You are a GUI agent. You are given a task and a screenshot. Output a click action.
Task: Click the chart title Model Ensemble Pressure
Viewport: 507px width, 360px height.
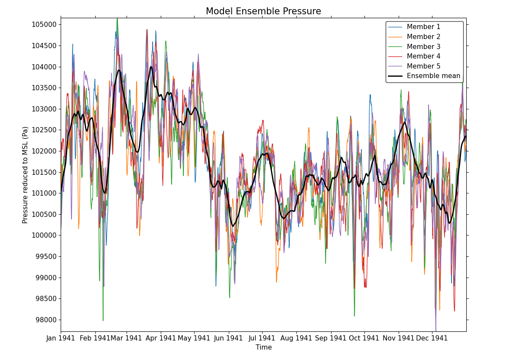click(x=263, y=12)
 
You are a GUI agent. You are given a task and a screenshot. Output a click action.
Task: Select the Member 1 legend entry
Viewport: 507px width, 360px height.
click(x=423, y=27)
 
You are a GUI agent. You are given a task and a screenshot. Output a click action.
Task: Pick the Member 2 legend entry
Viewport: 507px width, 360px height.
click(x=423, y=37)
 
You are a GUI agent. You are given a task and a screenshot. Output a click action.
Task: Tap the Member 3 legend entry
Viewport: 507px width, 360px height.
click(x=423, y=47)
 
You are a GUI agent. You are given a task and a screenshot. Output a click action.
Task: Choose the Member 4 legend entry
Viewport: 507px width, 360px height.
click(x=423, y=56)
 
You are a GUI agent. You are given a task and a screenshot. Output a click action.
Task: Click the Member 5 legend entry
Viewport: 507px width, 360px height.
click(x=423, y=66)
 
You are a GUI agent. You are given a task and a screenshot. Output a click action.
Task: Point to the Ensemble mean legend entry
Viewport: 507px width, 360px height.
click(x=433, y=76)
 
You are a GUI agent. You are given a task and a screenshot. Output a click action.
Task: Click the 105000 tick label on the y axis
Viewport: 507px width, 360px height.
click(x=44, y=24)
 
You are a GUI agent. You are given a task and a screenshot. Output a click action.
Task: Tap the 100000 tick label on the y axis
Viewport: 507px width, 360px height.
click(x=44, y=236)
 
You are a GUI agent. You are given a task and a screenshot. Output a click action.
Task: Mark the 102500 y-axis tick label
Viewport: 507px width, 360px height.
click(x=44, y=130)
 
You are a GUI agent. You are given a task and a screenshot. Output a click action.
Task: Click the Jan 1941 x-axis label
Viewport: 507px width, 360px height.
click(x=61, y=338)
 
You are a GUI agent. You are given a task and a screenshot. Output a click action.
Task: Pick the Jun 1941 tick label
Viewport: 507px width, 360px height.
click(x=229, y=338)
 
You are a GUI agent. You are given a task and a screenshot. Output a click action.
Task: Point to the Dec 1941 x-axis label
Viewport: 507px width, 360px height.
click(x=432, y=338)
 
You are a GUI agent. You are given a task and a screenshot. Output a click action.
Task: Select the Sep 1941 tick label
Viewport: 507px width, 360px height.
click(x=331, y=338)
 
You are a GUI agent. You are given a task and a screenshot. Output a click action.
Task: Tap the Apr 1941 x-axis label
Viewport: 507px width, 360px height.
click(x=161, y=338)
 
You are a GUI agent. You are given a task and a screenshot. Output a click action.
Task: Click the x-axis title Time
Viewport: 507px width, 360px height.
click(x=263, y=347)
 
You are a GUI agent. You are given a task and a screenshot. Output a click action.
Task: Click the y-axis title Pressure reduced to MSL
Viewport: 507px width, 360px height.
click(x=26, y=175)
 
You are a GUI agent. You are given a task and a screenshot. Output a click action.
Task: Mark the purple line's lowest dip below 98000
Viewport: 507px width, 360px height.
click(x=436, y=331)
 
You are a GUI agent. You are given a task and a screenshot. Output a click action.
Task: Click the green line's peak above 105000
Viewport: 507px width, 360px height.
click(x=117, y=19)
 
